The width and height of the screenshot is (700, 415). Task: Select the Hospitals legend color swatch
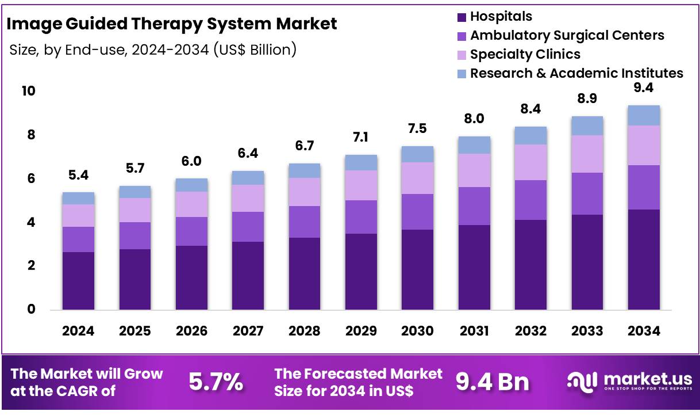(461, 17)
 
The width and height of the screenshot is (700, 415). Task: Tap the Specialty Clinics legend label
(525, 54)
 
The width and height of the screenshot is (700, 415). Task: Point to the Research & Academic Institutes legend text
(576, 73)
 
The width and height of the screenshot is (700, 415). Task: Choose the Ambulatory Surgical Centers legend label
(567, 35)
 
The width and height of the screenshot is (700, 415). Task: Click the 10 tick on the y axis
(29, 91)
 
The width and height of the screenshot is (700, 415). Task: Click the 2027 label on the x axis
(248, 331)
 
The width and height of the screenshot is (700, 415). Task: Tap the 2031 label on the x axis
(474, 331)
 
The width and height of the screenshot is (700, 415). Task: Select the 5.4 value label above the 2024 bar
(78, 175)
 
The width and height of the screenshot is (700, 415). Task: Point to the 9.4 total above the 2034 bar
(644, 88)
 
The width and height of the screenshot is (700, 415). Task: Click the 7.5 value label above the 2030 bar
(417, 128)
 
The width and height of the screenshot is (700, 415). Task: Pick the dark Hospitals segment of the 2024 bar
(78, 281)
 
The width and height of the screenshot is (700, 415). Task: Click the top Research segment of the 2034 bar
(644, 115)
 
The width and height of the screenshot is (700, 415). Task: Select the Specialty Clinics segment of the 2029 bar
(361, 185)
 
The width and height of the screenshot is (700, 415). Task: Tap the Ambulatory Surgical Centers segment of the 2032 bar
(530, 200)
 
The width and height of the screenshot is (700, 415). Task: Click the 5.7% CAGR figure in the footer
(216, 382)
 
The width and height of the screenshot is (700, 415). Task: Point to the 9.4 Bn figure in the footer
(493, 382)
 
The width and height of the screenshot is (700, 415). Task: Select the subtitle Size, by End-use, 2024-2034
(153, 50)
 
